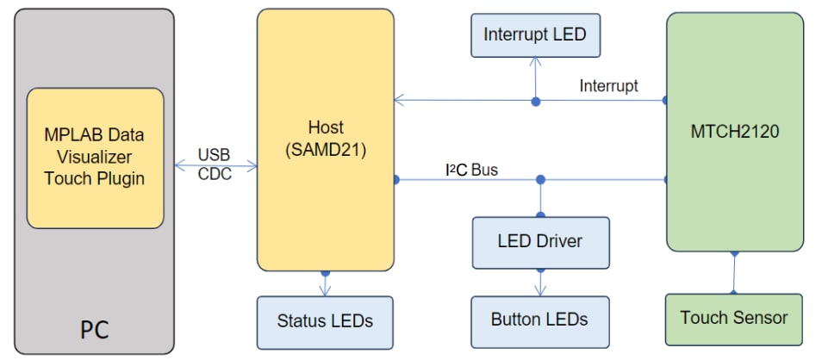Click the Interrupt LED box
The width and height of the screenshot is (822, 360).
click(534, 35)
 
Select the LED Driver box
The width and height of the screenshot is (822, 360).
click(540, 241)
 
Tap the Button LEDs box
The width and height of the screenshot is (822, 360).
click(539, 320)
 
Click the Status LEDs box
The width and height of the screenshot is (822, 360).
click(325, 320)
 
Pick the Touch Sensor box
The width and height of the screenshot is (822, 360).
click(733, 318)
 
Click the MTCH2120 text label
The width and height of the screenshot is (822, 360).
click(734, 133)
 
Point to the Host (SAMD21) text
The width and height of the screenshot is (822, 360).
click(325, 138)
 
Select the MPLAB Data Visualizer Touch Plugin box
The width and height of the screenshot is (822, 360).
click(95, 158)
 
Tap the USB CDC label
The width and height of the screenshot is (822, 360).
click(214, 164)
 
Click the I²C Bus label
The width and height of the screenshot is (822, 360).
click(471, 170)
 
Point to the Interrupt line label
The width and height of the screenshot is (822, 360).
click(608, 85)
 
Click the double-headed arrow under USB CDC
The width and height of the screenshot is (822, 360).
click(214, 163)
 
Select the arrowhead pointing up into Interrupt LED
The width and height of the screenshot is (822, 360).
click(535, 61)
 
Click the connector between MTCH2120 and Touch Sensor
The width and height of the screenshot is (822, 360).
click(734, 273)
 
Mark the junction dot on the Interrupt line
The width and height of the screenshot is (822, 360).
click(535, 101)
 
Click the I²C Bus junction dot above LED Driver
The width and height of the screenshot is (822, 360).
click(540, 180)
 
